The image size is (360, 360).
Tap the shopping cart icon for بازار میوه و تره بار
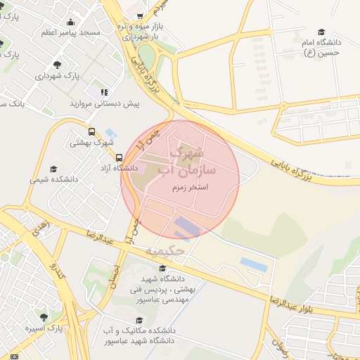pos(141,15)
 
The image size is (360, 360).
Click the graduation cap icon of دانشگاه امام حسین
pos(321,32)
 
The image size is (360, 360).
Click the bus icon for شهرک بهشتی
pos(91,131)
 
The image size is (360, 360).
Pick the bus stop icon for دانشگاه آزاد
pos(119,157)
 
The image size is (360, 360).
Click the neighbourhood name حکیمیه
pos(166,250)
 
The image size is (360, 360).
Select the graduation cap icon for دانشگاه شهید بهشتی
pos(162,268)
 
